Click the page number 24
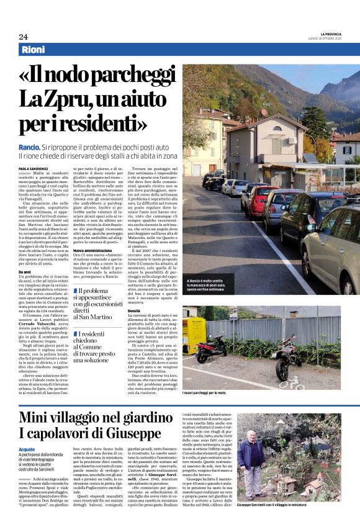coord(23,37)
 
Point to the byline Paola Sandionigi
coord(35,168)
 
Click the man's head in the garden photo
coord(250,435)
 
